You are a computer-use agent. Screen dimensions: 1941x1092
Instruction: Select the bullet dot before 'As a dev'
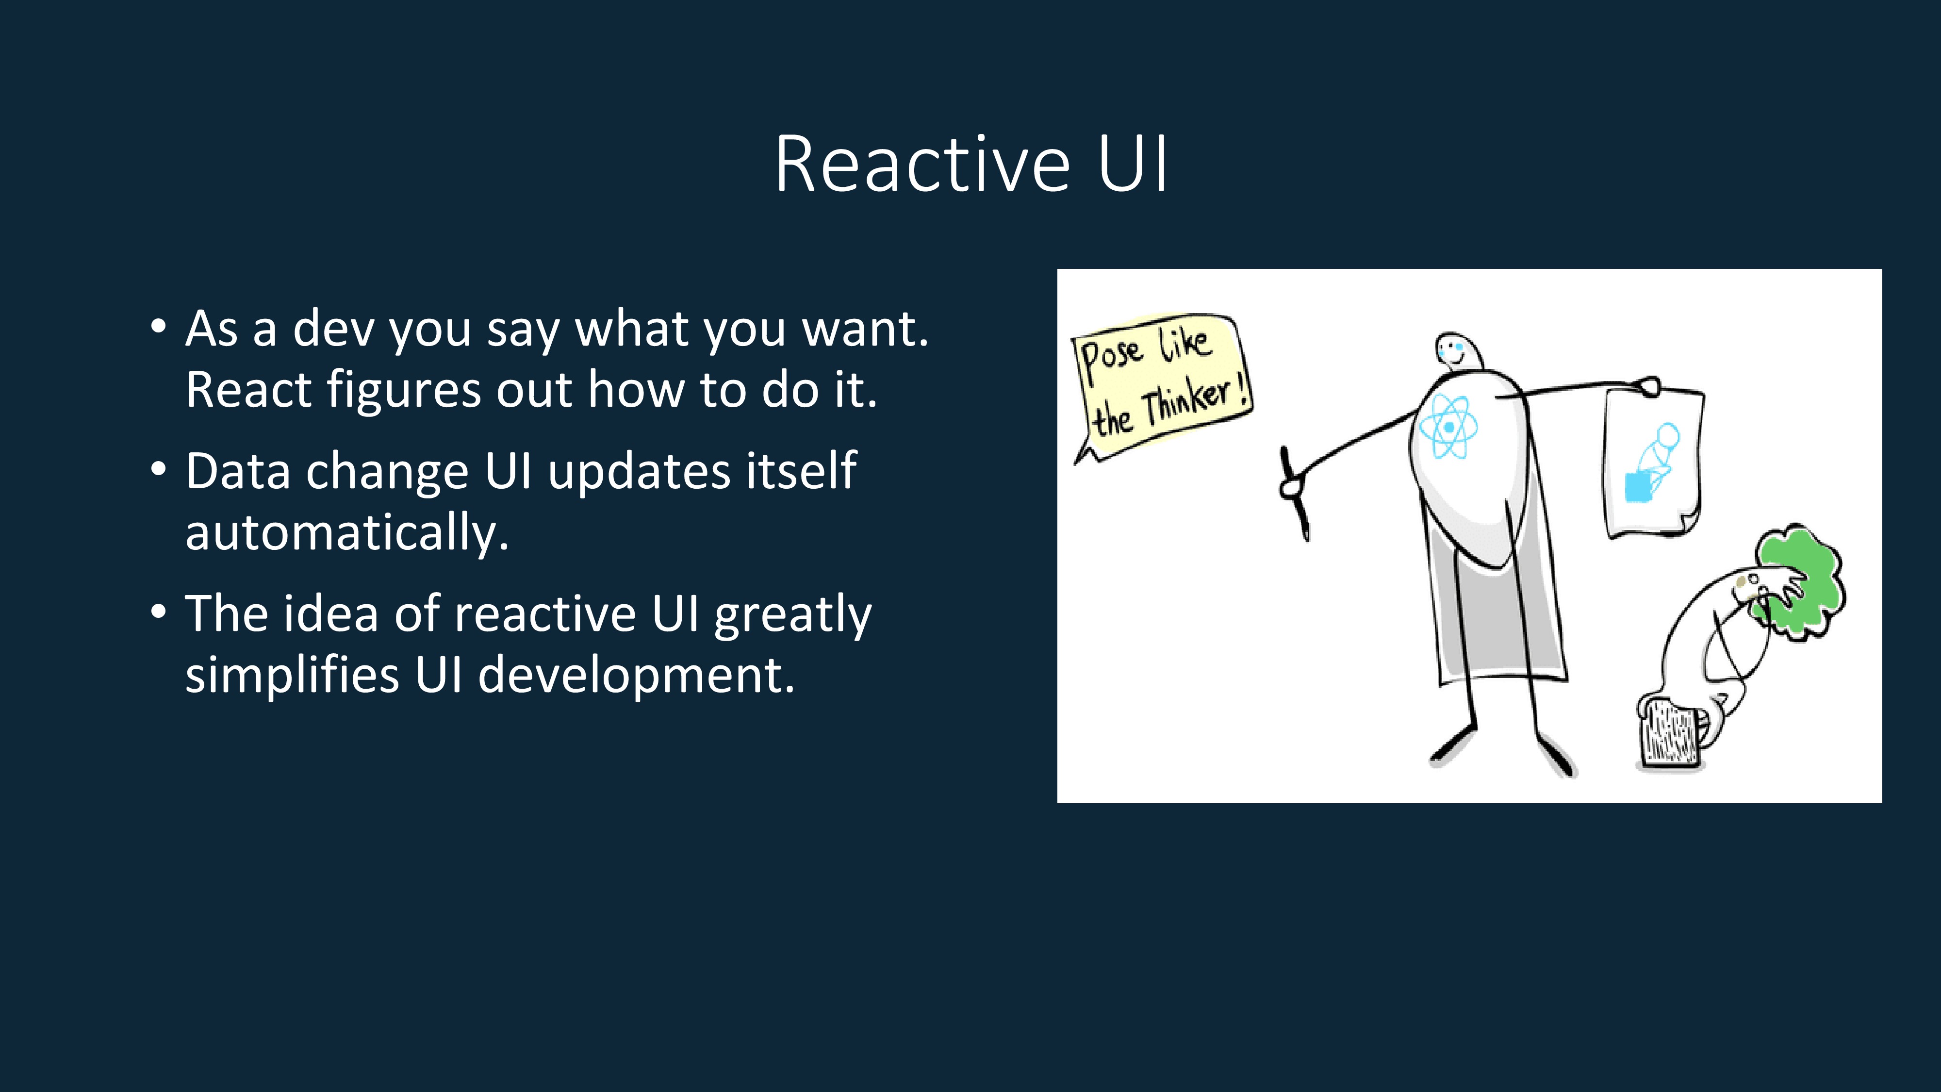coord(158,326)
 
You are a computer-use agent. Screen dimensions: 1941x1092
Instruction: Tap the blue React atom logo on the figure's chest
coord(1448,427)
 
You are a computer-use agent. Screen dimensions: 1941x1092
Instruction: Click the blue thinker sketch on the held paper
coord(1651,463)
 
